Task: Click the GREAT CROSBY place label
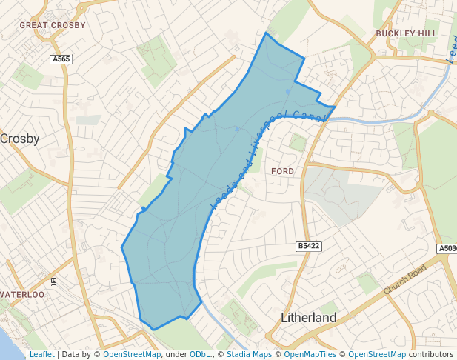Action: (53, 25)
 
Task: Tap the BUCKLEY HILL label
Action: (407, 33)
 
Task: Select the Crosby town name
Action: (20, 139)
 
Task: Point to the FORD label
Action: (283, 171)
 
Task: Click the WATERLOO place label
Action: (22, 294)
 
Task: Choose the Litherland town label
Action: (309, 318)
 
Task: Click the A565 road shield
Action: (61, 59)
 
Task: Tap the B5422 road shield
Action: (308, 246)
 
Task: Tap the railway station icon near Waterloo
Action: (53, 281)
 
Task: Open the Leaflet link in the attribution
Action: (41, 355)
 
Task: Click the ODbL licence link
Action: (200, 355)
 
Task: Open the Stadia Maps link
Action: (248, 355)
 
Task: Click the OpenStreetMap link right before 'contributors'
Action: (377, 355)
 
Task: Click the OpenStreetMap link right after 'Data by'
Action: (132, 355)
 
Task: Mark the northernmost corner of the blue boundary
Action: (266, 33)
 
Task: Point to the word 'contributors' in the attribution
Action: (430, 355)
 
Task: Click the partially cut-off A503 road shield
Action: (447, 249)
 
